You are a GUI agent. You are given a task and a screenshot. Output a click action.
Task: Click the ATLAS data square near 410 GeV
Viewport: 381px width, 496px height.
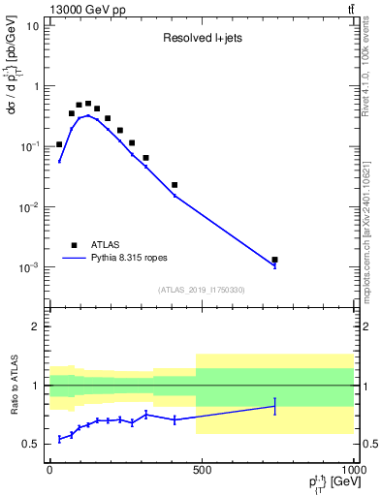coord(175,185)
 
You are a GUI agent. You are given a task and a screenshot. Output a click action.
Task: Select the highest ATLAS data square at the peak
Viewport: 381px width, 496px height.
coord(88,104)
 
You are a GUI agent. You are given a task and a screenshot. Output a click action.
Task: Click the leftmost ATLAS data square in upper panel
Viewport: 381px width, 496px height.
coord(59,144)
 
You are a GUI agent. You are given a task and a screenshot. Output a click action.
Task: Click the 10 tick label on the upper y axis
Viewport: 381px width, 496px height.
coord(34,25)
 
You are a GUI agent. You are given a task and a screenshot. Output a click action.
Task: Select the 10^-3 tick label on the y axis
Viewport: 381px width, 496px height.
coord(32,267)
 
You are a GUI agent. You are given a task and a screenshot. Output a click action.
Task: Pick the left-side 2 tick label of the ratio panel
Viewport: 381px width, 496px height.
coord(38,326)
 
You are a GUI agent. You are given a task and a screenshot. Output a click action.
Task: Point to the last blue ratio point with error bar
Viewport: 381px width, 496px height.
coord(275,406)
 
